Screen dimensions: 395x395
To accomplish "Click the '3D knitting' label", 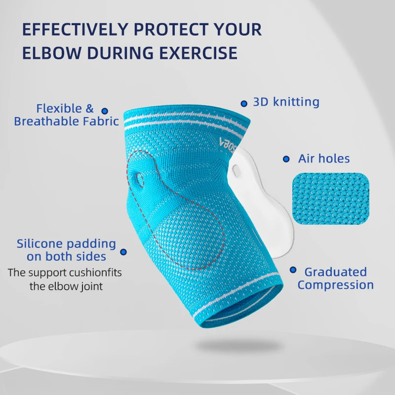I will [286, 102].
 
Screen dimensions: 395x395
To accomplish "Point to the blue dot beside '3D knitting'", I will [244, 104].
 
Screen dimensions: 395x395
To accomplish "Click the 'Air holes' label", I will [323, 158].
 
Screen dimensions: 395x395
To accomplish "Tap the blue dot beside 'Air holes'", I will [286, 159].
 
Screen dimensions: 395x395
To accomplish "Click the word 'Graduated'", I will [335, 272].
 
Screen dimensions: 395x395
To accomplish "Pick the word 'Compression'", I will [335, 285].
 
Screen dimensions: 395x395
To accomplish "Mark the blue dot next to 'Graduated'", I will [293, 270].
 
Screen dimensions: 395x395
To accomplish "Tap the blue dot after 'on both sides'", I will [123, 252].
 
